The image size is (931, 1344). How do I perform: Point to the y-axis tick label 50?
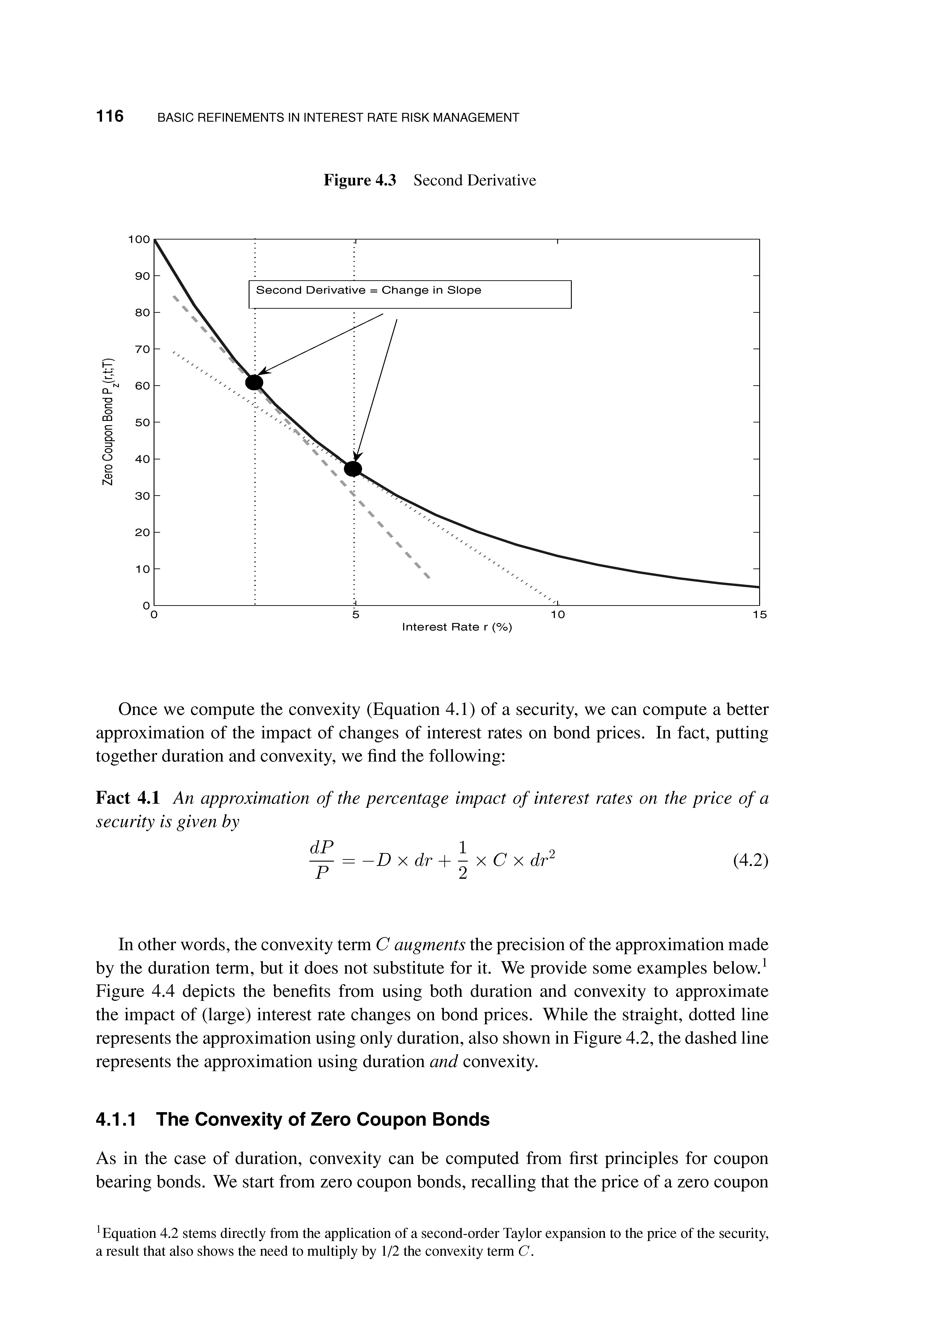pos(142,422)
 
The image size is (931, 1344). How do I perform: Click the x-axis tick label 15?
pos(759,615)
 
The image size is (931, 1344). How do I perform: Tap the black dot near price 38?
pos(353,469)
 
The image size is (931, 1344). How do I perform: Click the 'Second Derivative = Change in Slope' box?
pos(409,294)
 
